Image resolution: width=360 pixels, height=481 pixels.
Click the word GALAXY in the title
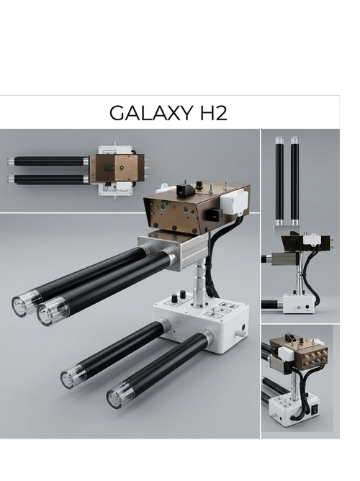[151, 113]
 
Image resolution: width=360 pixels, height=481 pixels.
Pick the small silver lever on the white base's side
[240, 333]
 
